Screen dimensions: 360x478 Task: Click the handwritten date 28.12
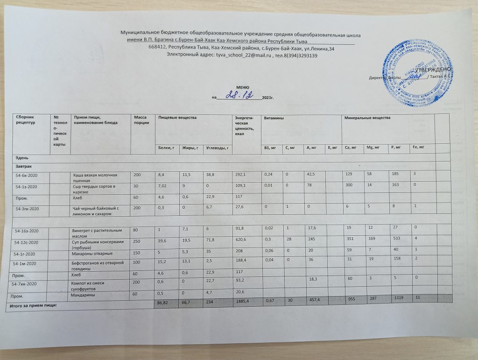pyautogui.click(x=242, y=95)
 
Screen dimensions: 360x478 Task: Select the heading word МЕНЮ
pyautogui.click(x=242, y=87)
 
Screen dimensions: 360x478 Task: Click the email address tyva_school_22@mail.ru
pyautogui.click(x=242, y=56)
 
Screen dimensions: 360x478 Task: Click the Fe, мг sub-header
pyautogui.click(x=418, y=148)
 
